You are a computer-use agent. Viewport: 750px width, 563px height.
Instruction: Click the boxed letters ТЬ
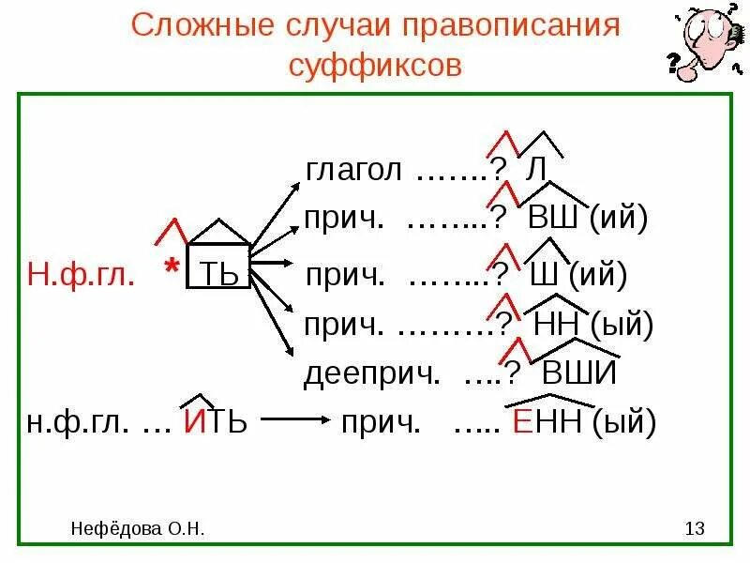click(x=220, y=275)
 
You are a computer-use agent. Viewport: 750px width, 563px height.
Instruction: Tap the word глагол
click(x=354, y=171)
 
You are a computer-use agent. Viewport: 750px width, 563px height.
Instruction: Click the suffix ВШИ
click(x=579, y=373)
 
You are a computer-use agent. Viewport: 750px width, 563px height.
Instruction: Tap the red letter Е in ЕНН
click(x=522, y=422)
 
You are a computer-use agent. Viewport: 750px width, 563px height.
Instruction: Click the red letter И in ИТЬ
click(x=194, y=422)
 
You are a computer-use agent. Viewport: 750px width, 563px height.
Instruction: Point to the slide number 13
click(x=694, y=530)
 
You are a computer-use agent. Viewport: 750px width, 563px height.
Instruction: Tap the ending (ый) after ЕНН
click(x=624, y=422)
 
